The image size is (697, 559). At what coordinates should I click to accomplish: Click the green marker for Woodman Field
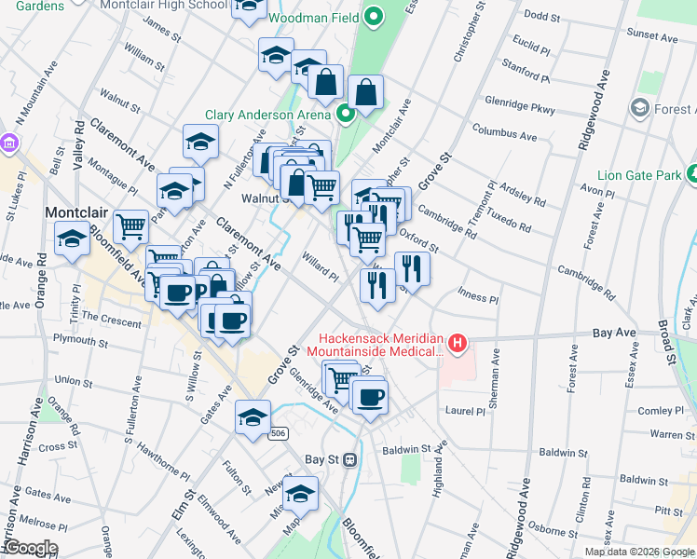click(374, 17)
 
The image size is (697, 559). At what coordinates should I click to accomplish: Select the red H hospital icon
click(458, 344)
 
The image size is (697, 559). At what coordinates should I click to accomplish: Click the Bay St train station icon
click(350, 459)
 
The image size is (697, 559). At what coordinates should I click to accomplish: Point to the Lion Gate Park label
click(639, 174)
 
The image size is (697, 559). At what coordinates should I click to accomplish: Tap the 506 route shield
click(277, 433)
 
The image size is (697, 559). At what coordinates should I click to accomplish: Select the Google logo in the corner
click(30, 548)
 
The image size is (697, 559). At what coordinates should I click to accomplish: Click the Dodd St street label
click(541, 15)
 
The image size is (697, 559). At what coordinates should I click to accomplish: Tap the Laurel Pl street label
click(465, 410)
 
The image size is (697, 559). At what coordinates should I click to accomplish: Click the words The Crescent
click(116, 320)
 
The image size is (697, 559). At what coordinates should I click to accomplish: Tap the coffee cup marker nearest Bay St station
click(369, 397)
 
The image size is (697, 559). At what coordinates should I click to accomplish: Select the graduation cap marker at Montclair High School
click(248, 7)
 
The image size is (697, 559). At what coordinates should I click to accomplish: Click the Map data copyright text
click(638, 552)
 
